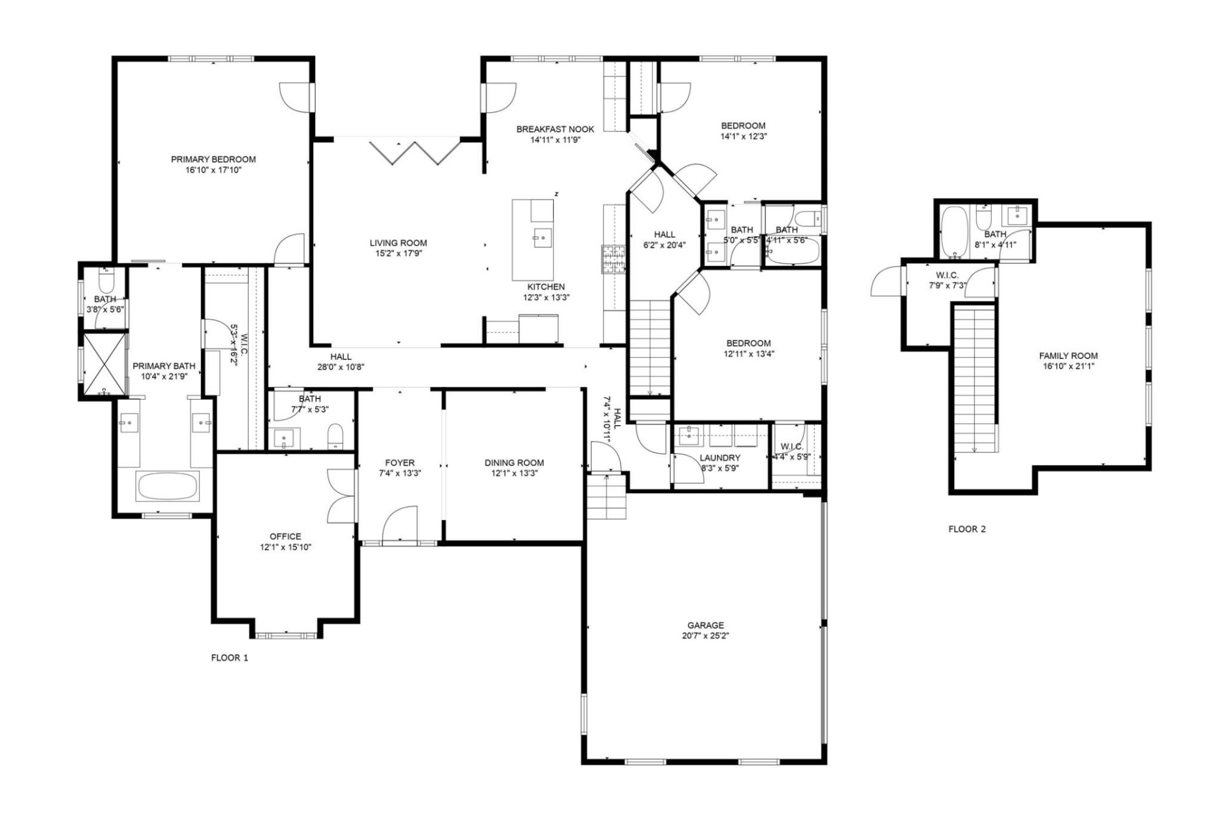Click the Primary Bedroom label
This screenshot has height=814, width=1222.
click(213, 159)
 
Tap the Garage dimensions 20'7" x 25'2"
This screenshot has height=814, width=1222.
click(705, 636)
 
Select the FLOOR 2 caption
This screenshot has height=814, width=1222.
click(967, 529)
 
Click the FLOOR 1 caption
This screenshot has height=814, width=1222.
click(229, 658)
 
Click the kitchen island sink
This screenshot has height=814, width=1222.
click(542, 239)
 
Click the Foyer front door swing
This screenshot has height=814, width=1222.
click(400, 524)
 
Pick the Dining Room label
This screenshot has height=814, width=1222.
click(514, 463)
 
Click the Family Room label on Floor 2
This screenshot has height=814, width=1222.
click(1068, 356)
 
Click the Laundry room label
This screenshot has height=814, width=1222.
click(720, 458)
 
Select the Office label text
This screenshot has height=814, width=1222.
click(285, 537)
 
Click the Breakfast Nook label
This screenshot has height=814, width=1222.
click(555, 129)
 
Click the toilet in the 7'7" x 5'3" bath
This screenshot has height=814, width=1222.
click(335, 437)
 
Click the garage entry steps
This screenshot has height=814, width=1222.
click(607, 498)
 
